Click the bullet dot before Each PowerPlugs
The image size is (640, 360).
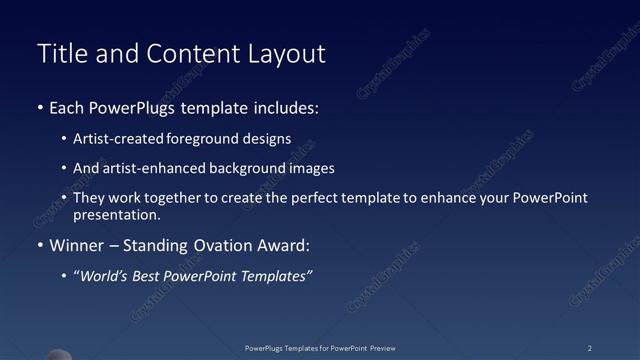pyautogui.click(x=39, y=107)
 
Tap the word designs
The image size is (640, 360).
pyautogui.click(x=264, y=139)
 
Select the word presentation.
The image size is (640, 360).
pyautogui.click(x=116, y=214)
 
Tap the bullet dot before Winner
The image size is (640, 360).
pyautogui.click(x=39, y=245)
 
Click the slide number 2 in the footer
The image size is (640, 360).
pyautogui.click(x=590, y=348)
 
